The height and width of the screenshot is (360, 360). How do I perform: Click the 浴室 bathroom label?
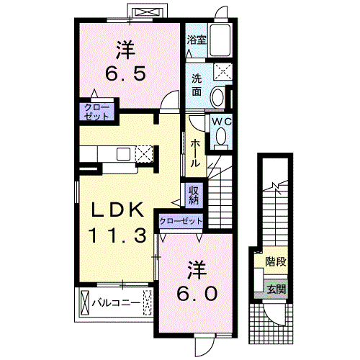point(197,40)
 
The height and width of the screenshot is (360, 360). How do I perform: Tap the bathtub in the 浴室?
point(220,40)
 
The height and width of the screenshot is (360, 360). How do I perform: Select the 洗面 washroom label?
point(197,85)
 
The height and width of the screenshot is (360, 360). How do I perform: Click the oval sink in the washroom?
point(218,97)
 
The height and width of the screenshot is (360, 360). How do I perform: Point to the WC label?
point(222,122)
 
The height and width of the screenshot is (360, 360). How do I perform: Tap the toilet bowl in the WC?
point(221,138)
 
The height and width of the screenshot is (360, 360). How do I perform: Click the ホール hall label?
point(195,153)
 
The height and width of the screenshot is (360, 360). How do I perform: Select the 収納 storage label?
point(194,196)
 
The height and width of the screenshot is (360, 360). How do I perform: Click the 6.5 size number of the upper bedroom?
point(125,73)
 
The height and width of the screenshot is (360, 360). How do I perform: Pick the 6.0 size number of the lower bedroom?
point(197,294)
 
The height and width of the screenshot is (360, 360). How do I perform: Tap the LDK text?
point(117,210)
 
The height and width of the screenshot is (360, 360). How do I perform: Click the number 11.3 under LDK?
point(117,235)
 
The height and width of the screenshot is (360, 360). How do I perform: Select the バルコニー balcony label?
point(116,303)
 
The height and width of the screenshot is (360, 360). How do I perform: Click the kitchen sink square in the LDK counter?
point(124,154)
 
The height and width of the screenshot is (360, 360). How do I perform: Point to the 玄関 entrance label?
point(276,289)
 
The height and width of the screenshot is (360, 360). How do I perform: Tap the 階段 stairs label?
point(276,261)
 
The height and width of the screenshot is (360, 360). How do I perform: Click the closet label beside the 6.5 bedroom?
point(96,112)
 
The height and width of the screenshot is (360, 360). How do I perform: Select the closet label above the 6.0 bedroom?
point(181,221)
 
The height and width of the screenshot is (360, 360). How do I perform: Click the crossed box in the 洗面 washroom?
point(223,71)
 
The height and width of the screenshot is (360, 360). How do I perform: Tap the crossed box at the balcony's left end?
point(84,302)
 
